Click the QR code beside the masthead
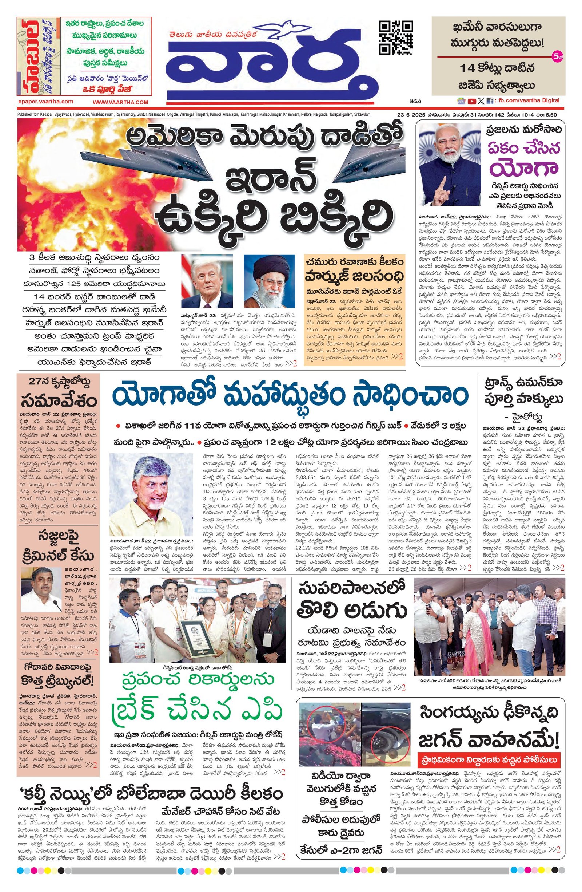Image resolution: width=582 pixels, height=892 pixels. (x=396, y=38)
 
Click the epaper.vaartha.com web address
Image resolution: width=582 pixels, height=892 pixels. (x=45, y=101)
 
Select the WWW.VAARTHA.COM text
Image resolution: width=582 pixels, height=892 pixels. (x=120, y=102)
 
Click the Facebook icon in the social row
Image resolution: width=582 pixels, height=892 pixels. (x=490, y=101)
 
